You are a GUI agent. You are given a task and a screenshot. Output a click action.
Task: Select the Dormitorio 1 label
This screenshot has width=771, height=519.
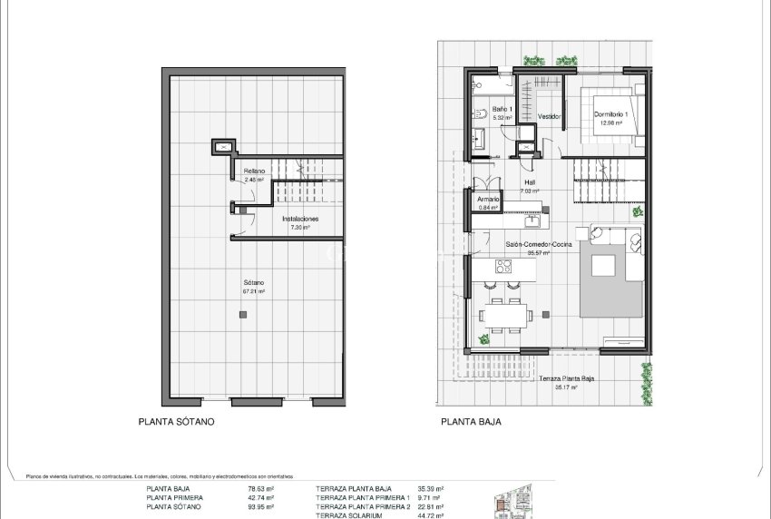tap(610, 114)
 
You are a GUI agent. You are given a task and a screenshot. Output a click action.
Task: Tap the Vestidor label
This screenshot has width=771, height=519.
tap(549, 117)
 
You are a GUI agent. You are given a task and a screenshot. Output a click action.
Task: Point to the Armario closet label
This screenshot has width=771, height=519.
tap(489, 199)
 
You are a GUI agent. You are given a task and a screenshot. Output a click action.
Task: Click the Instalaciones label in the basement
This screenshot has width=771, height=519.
tap(300, 219)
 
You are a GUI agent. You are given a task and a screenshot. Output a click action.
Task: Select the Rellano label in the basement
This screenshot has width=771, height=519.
tap(253, 171)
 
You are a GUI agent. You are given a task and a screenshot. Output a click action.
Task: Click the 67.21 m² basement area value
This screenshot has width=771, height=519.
tap(253, 291)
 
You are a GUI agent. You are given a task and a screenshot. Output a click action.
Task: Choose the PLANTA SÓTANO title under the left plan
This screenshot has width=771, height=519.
tap(178, 422)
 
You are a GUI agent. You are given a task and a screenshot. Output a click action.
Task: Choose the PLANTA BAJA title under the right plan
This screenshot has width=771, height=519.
tap(471, 422)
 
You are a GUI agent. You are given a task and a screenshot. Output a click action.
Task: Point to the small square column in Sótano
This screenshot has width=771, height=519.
tap(242, 315)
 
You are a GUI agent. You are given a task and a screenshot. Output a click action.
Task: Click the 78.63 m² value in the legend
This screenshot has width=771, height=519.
tap(261, 489)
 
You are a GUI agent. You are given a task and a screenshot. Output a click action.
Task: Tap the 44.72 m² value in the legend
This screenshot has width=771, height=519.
tap(430, 515)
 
